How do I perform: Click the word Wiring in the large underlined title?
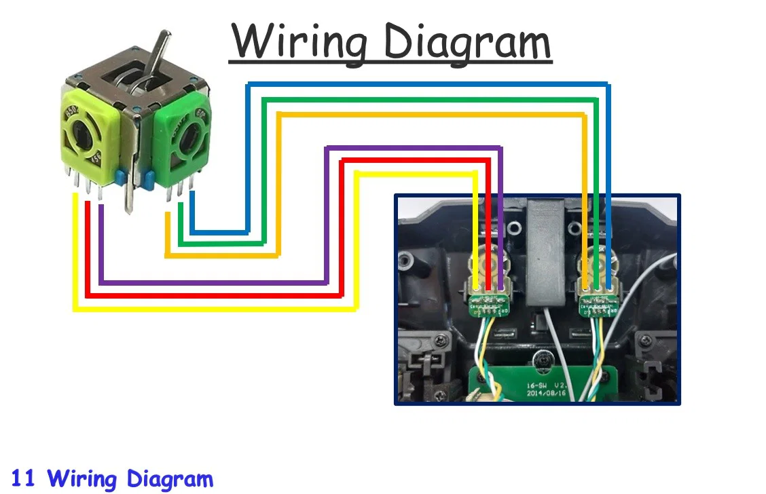pos(299,42)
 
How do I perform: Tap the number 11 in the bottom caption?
pos(23,478)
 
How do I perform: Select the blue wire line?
pos(428,84)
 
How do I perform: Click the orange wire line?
pos(428,115)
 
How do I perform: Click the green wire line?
pos(428,100)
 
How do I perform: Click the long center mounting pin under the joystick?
pos(127,196)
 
